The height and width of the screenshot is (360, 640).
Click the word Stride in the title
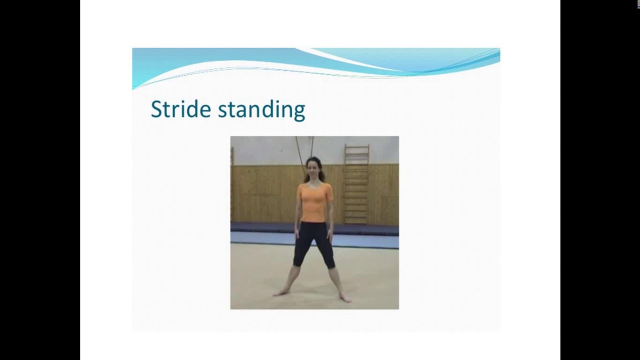click(180, 109)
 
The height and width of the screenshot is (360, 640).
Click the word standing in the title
click(261, 110)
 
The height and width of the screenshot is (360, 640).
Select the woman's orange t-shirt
click(314, 202)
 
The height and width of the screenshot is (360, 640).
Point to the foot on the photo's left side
click(280, 292)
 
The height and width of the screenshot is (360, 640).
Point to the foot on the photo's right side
click(345, 298)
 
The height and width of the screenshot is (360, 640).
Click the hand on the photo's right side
click(328, 233)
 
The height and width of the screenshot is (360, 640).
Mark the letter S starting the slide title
click(156, 109)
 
